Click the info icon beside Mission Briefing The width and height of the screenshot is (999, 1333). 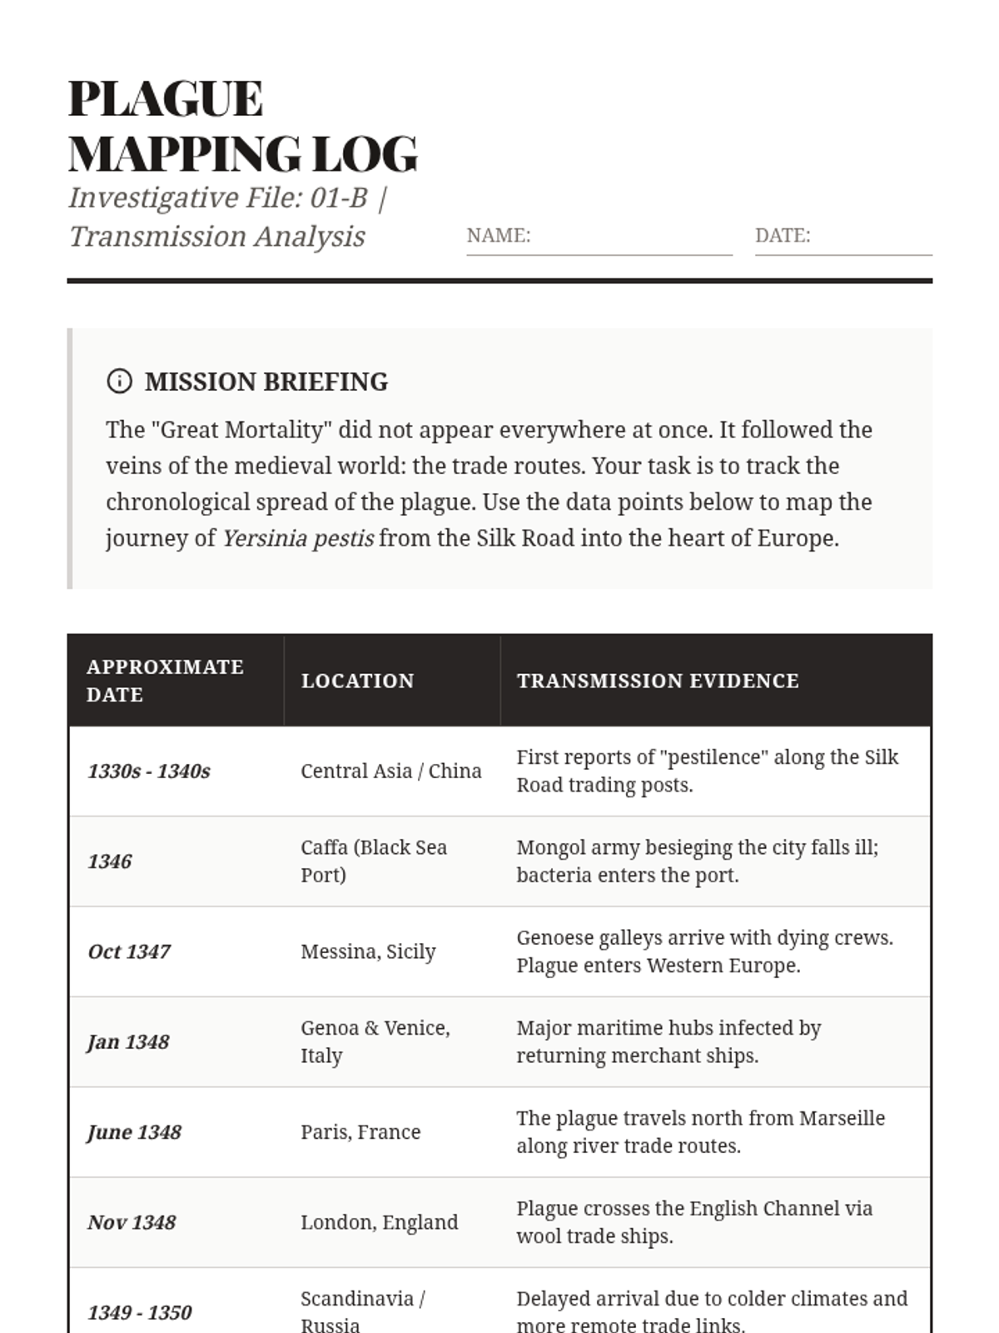point(119,381)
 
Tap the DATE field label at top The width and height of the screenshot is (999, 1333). point(782,236)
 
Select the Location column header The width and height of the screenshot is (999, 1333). point(357,681)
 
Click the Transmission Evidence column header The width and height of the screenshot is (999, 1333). point(657,681)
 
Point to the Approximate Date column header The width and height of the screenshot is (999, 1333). point(165,680)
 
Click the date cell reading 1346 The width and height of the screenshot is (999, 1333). point(110,861)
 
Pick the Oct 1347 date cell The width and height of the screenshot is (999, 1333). point(129,951)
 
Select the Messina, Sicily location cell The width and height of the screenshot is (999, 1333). point(368,951)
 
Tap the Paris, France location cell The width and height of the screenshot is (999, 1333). point(360,1132)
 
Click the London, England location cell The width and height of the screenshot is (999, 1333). point(379,1222)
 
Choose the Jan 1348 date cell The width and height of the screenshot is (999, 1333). point(128,1042)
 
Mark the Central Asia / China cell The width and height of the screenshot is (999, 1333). point(390,771)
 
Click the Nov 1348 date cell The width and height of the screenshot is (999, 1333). point(132,1222)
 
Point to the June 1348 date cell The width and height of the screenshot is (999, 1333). point(134,1132)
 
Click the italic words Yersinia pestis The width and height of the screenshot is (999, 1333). point(297,538)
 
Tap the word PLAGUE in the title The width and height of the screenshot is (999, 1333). point(166,98)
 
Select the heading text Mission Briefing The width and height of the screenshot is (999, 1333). point(266,382)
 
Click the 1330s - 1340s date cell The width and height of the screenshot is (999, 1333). point(149,771)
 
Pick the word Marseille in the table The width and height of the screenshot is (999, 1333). point(842,1118)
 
